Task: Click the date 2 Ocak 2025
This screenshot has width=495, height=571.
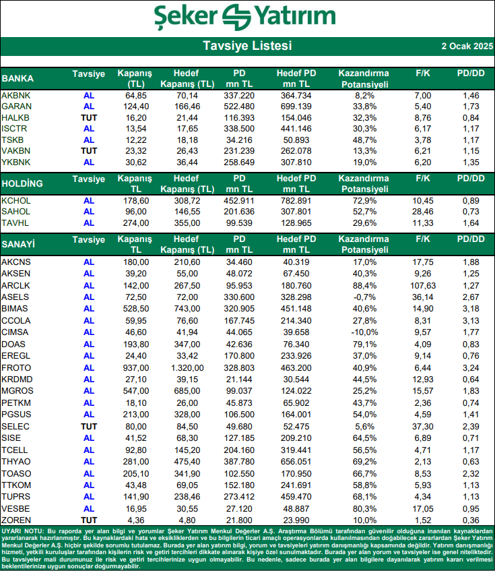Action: tap(465, 47)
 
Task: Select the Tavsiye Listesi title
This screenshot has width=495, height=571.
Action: tap(247, 47)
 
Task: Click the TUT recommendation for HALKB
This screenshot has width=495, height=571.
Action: tap(89, 117)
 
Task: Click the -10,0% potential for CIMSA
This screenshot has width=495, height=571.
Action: tap(363, 332)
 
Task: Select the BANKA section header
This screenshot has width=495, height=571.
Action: tap(18, 78)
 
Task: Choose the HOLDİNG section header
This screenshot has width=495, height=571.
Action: tap(22, 183)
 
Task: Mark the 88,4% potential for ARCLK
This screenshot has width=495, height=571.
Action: tap(363, 285)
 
